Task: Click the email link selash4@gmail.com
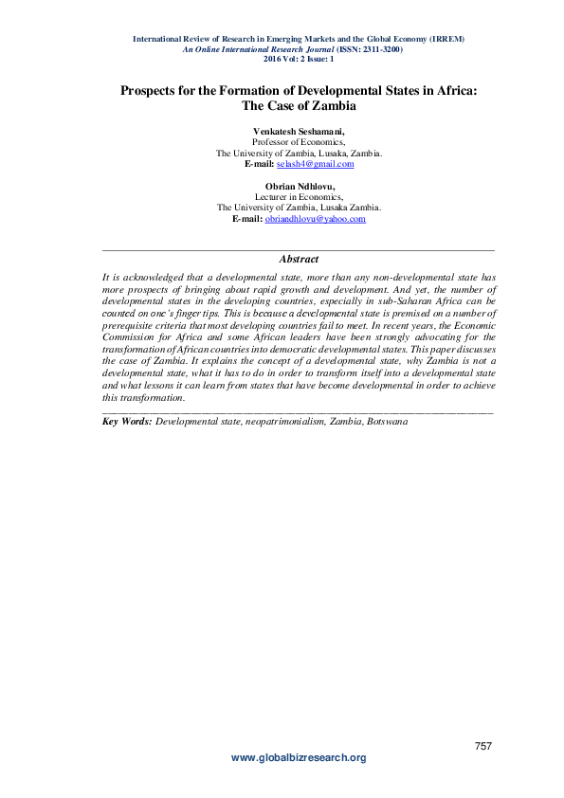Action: point(321,164)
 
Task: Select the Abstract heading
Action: point(299,259)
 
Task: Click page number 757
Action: point(482,748)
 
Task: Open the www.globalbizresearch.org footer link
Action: point(299,758)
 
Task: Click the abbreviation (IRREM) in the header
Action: point(445,39)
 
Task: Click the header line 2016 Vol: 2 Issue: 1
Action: point(299,58)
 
